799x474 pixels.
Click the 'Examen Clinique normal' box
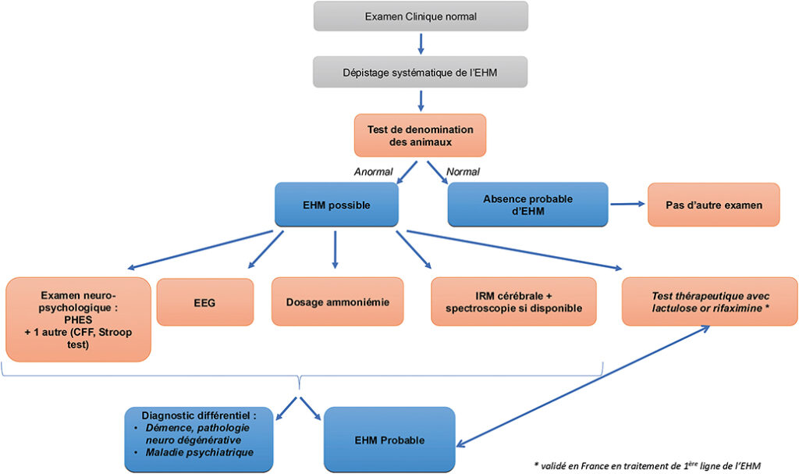point(421,16)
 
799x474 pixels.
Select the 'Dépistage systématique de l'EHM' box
point(421,72)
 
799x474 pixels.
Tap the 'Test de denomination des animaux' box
point(421,134)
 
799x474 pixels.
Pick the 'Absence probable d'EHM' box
point(527,205)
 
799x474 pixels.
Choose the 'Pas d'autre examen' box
point(713,205)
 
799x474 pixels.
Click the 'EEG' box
point(205,301)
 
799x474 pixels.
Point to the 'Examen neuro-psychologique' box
point(77,319)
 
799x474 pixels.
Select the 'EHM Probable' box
point(389,440)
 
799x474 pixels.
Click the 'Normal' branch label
point(462,172)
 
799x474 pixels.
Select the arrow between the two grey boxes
point(421,43)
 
